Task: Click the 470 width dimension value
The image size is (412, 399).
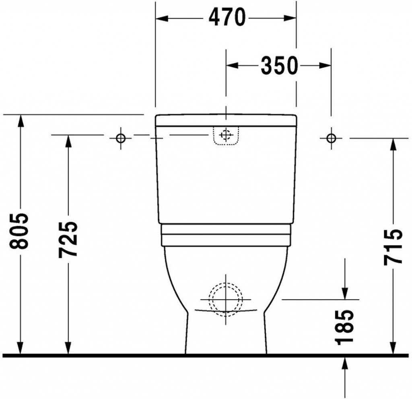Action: (227, 17)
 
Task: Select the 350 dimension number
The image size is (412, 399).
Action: (280, 65)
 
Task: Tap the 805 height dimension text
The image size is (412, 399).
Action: (19, 231)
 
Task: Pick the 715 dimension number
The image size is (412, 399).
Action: (393, 247)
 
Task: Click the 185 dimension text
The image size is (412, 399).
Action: (344, 327)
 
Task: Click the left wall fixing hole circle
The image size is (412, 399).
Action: (121, 138)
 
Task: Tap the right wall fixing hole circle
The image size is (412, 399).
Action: (331, 138)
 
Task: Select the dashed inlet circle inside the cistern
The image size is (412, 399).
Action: (226, 135)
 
